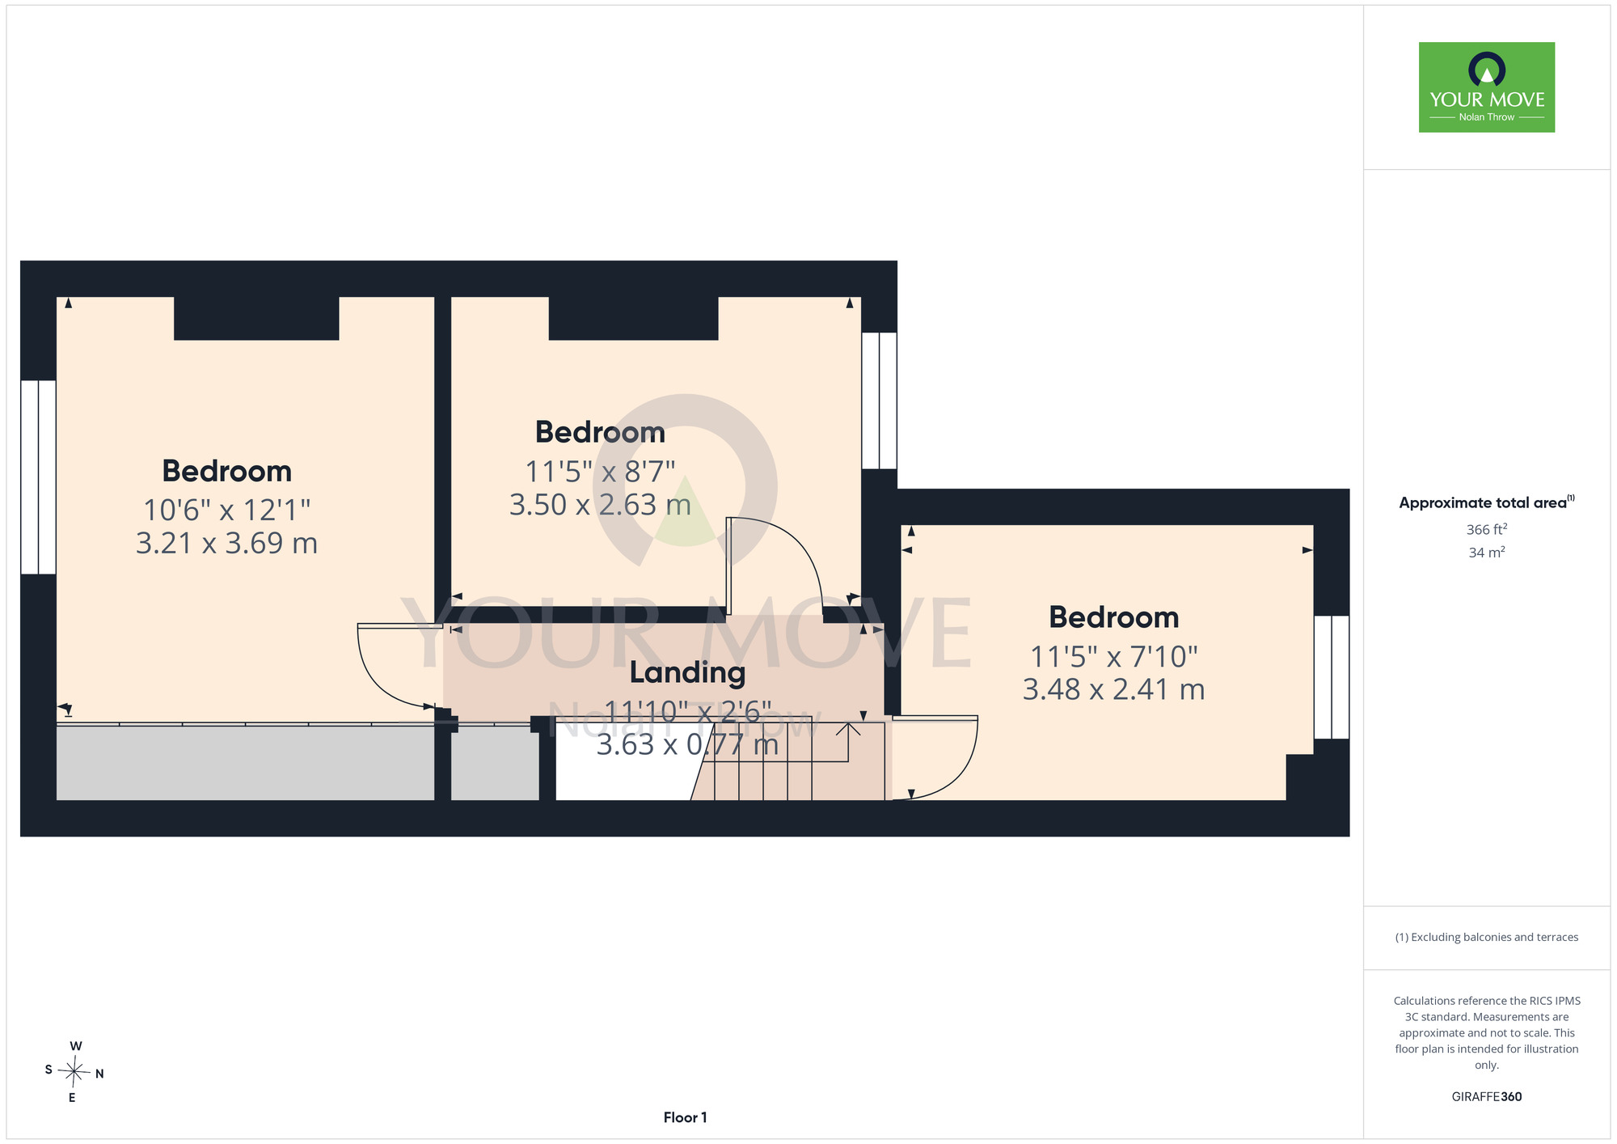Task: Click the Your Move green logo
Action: point(1487,87)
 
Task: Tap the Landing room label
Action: point(688,672)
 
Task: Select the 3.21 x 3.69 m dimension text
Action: point(226,543)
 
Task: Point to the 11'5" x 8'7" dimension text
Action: point(601,471)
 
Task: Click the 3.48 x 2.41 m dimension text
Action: point(1114,689)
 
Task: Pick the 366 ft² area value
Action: point(1487,529)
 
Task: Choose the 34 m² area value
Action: point(1487,553)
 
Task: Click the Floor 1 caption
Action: point(685,1117)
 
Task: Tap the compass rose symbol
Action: point(74,1073)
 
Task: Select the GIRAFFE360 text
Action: point(1487,1097)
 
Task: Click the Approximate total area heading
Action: point(1487,502)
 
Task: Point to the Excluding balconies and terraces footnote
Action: point(1487,937)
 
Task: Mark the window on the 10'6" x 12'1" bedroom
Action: point(38,477)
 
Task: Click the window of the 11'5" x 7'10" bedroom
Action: point(1332,677)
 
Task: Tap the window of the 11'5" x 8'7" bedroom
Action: point(879,400)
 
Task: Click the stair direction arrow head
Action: point(848,729)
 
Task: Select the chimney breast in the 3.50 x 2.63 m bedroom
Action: point(633,318)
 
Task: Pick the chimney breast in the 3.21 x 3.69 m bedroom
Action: point(256,318)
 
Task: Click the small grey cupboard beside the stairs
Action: point(495,763)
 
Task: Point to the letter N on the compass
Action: point(99,1074)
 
